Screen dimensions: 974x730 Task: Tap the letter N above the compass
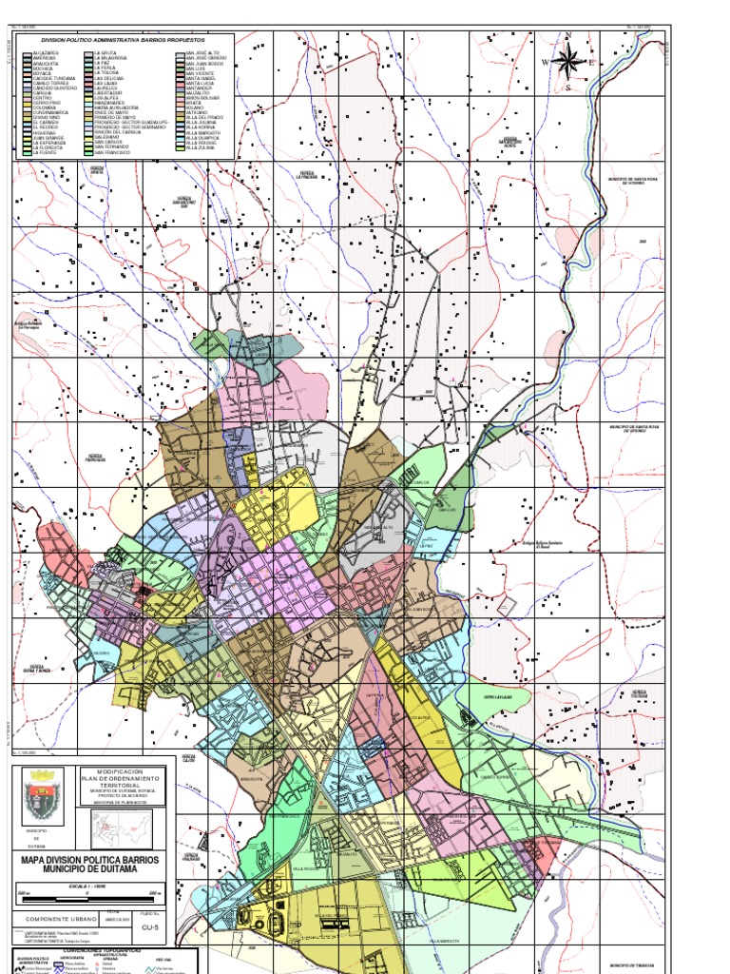(x=568, y=36)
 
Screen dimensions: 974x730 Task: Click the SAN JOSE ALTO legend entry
(x=202, y=53)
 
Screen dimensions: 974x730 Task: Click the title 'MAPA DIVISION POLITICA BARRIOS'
(x=91, y=859)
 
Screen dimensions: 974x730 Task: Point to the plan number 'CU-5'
(x=147, y=924)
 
